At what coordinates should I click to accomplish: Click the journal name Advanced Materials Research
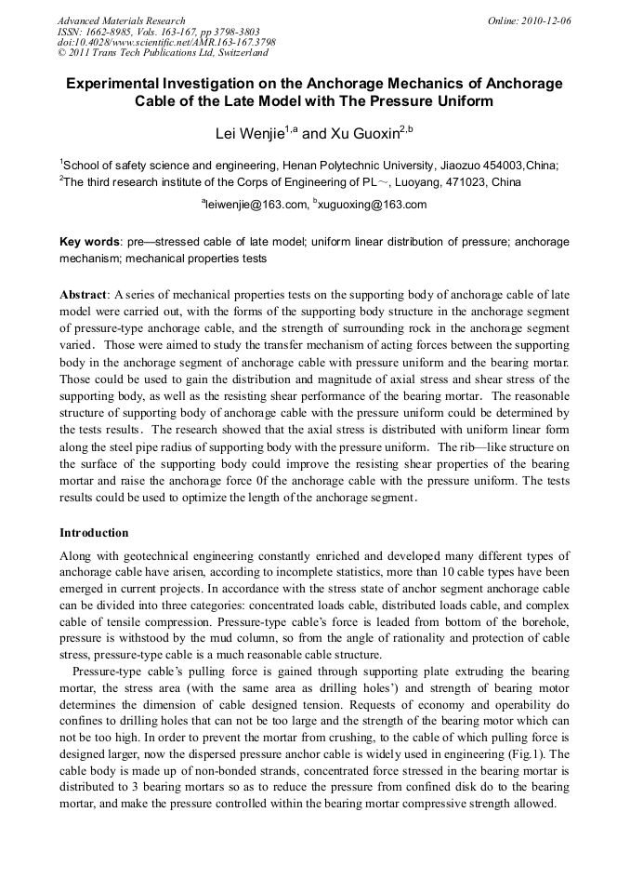click(121, 20)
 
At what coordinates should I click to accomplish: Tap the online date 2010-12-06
click(545, 20)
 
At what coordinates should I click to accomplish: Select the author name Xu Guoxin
click(363, 134)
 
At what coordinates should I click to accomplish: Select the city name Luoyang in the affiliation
click(415, 181)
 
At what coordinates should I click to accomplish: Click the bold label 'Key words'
click(89, 242)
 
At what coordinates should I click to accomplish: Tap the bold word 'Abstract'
click(84, 294)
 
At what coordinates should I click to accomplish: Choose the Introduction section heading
click(94, 533)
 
